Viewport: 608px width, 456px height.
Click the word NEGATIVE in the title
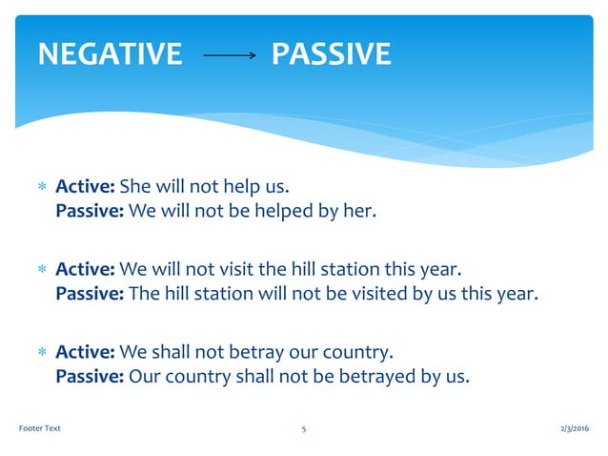[109, 54]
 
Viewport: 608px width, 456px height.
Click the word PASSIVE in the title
[331, 54]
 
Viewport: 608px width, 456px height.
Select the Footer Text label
[40, 428]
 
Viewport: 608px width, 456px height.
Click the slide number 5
[303, 428]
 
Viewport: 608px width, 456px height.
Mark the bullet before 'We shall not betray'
[41, 350]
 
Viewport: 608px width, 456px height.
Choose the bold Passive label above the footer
[90, 376]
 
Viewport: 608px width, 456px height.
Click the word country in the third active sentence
[349, 349]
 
